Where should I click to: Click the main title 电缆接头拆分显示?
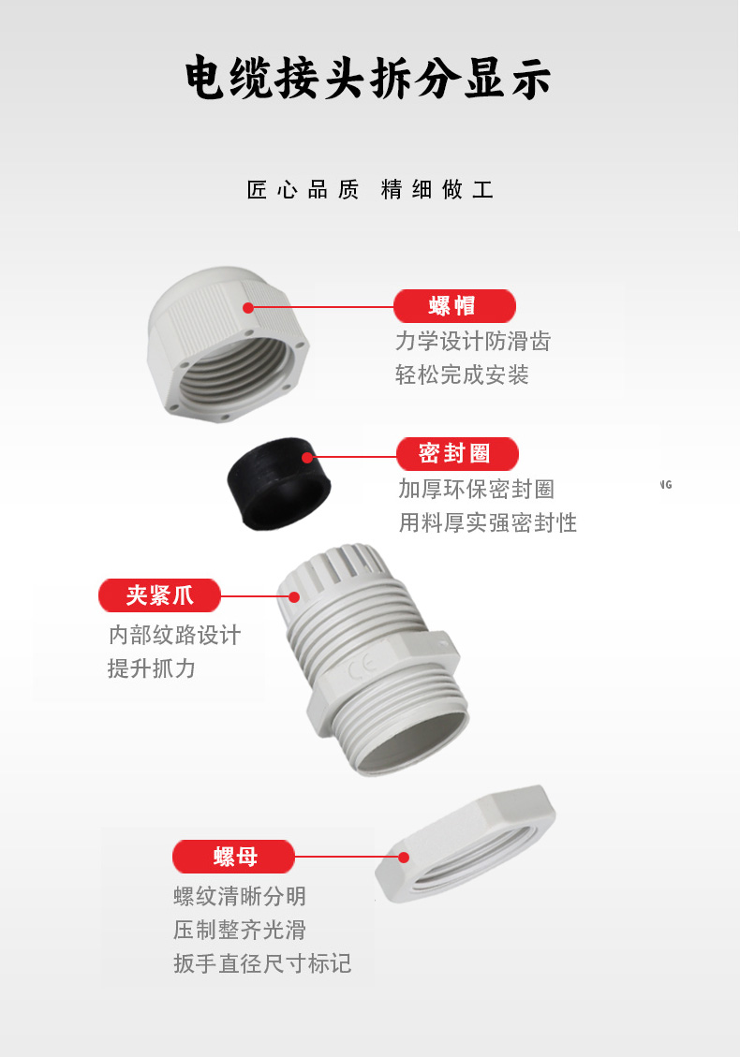point(368,78)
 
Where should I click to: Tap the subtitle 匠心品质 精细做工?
point(370,189)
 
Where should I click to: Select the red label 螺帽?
point(454,306)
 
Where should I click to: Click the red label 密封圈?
point(457,454)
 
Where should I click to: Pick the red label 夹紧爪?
point(160,595)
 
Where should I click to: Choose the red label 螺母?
point(233,857)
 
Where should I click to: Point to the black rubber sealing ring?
point(278,484)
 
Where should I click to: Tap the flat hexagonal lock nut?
point(466,844)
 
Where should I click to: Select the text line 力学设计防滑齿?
point(473,341)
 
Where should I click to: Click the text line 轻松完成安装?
point(462,374)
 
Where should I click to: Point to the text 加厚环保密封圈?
point(476,489)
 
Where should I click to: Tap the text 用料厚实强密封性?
point(488,522)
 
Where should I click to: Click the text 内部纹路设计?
point(175,635)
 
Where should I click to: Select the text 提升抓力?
point(152,668)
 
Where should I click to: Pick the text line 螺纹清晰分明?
point(240,897)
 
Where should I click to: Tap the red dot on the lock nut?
point(404,858)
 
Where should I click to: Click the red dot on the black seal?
point(307,458)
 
